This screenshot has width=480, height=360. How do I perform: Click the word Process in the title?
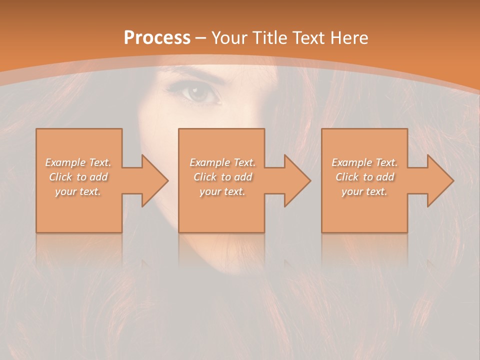coord(157,38)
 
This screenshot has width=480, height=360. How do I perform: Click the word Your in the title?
coord(230,38)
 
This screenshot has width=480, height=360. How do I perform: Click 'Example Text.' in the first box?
coord(78,162)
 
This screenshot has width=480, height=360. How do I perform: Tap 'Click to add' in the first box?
coord(78,177)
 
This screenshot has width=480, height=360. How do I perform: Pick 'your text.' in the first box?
coord(78,191)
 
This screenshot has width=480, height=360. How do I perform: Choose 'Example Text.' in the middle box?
coord(222,162)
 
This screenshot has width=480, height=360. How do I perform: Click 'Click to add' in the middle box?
coord(222,177)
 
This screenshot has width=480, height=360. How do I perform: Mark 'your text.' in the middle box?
coord(222,191)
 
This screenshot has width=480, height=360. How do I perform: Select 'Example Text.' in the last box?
coord(364,162)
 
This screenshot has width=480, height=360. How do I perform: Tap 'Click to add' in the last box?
coord(364,177)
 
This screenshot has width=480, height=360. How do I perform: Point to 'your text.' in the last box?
coord(364,191)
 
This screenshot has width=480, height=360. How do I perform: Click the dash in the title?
coord(201,38)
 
